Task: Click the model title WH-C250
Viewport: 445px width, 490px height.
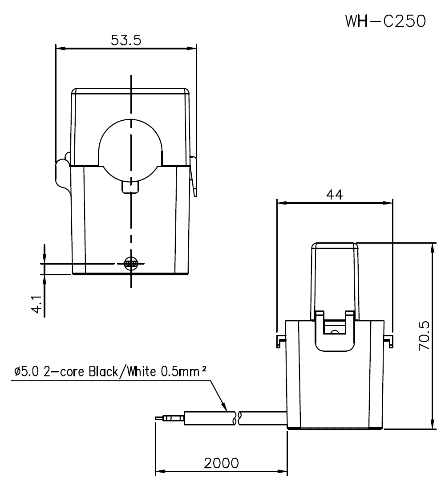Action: tap(385, 20)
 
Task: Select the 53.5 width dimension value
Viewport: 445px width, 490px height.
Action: tap(126, 40)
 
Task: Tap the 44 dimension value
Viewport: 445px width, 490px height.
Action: tap(335, 195)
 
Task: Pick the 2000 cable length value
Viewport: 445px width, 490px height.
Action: tap(221, 463)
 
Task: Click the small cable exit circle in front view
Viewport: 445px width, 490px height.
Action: tap(131, 263)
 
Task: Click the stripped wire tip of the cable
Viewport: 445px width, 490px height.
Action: tap(159, 418)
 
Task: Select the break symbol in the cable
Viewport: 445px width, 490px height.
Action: tap(237, 418)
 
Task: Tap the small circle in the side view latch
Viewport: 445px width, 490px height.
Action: tap(334, 332)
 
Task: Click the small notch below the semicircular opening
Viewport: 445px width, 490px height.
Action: tap(131, 187)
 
